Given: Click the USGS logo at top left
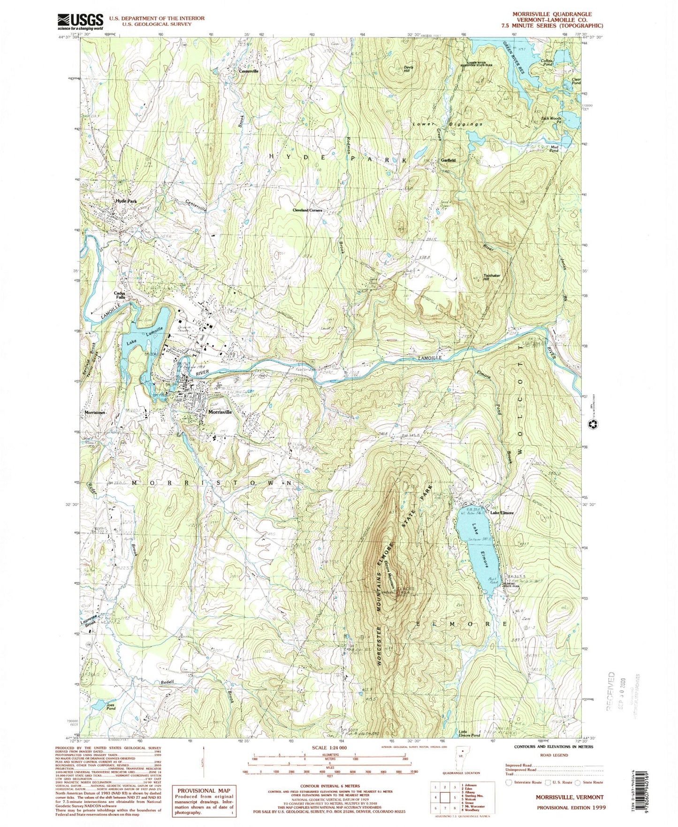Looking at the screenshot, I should tap(80, 21).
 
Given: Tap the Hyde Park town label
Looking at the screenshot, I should tap(126, 201).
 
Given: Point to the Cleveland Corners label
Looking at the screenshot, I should tap(308, 211).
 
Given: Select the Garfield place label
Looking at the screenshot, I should tap(448, 160).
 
